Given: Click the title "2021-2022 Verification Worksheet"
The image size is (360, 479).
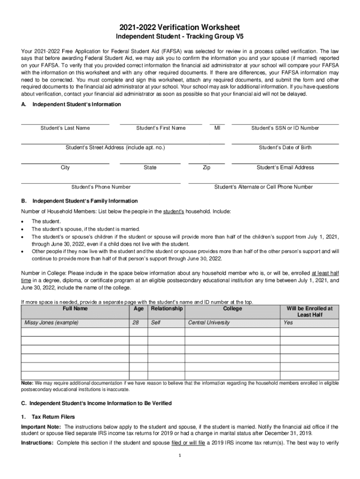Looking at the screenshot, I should tap(180, 28).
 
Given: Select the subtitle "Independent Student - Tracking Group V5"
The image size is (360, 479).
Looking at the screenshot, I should tap(180, 37).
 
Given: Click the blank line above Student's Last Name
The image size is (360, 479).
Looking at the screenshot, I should tap(65, 124).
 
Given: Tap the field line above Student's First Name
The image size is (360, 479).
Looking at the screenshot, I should tap(161, 124).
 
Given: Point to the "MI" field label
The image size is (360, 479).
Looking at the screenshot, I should tap(217, 128).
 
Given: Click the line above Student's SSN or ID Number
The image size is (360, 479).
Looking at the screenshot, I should tap(285, 124).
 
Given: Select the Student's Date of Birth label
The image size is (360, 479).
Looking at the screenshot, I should tap(285, 148).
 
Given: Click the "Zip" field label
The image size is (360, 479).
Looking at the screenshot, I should tap(206, 167).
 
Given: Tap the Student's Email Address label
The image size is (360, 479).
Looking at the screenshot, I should tap(285, 167).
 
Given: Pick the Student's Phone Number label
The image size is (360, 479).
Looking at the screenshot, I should tap(101, 187).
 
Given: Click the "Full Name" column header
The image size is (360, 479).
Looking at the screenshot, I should tap(75, 309).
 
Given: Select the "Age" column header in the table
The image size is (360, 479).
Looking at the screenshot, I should tap(138, 309).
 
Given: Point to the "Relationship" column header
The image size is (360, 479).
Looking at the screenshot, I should tap(166, 309).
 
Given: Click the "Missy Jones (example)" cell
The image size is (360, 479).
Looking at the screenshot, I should tap(51, 323).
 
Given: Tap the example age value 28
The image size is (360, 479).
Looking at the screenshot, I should tap(136, 323).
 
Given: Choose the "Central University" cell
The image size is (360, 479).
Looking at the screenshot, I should tap(209, 323).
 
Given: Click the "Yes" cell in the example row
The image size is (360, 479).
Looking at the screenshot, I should tap(288, 323).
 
